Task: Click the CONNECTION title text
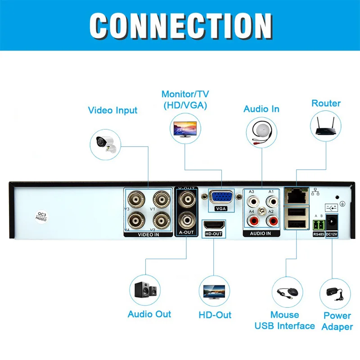pos(180,26)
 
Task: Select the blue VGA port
pos(220,198)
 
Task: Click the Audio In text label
pos(261,109)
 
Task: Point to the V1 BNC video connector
pos(160,199)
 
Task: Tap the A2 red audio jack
pos(272,221)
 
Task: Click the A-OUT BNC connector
pos(186,220)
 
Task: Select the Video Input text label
pos(112,110)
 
